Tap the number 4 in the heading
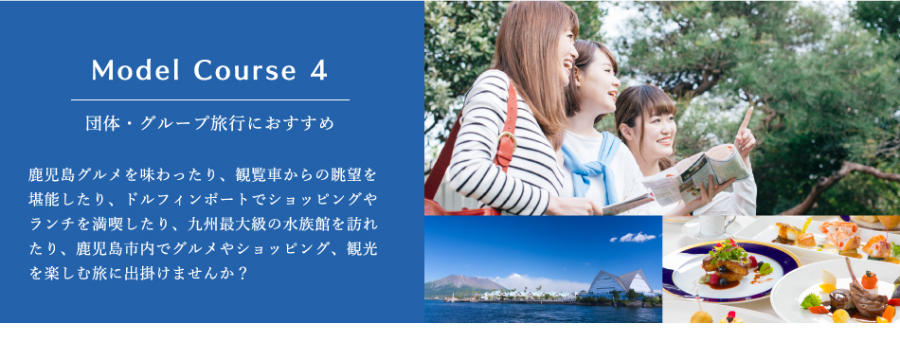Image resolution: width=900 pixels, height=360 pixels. coord(318,70)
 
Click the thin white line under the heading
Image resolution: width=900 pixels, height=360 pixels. coord(210,99)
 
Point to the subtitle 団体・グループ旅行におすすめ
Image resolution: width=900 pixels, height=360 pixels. coord(210,123)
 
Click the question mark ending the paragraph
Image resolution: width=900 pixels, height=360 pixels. coord(242,272)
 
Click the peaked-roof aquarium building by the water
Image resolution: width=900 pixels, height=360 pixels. coord(621,282)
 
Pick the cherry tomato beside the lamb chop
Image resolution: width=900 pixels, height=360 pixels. coord(869,279)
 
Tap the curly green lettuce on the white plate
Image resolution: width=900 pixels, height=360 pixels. coord(810,301)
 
